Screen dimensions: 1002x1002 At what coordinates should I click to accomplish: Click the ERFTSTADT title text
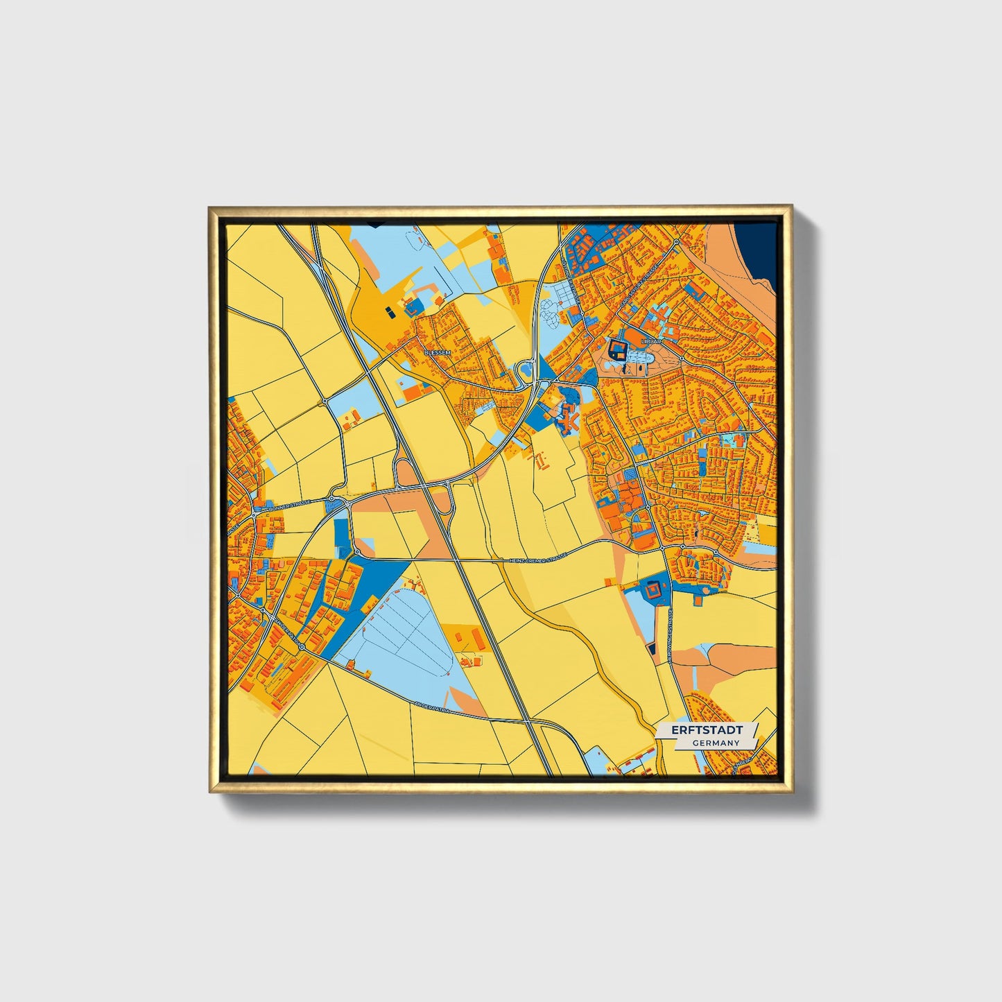tap(706, 730)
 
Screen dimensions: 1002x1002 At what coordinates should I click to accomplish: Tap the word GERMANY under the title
tap(715, 743)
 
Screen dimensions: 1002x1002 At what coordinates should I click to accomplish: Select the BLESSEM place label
tap(437, 353)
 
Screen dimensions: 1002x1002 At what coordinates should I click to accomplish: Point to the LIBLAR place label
tap(653, 342)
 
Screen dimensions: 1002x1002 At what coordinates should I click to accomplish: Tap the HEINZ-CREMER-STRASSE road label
tap(538, 558)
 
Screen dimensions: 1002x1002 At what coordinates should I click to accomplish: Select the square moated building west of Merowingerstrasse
tap(653, 591)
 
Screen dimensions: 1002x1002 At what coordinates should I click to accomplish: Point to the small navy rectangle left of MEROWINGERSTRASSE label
tap(652, 648)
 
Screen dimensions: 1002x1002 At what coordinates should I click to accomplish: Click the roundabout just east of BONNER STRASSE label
tap(333, 499)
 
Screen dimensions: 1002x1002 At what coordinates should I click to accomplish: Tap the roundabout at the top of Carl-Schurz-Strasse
tap(675, 241)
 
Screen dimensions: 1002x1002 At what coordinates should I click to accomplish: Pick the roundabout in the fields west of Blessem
tap(324, 401)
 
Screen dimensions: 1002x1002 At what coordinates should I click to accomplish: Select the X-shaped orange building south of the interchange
tap(570, 417)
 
